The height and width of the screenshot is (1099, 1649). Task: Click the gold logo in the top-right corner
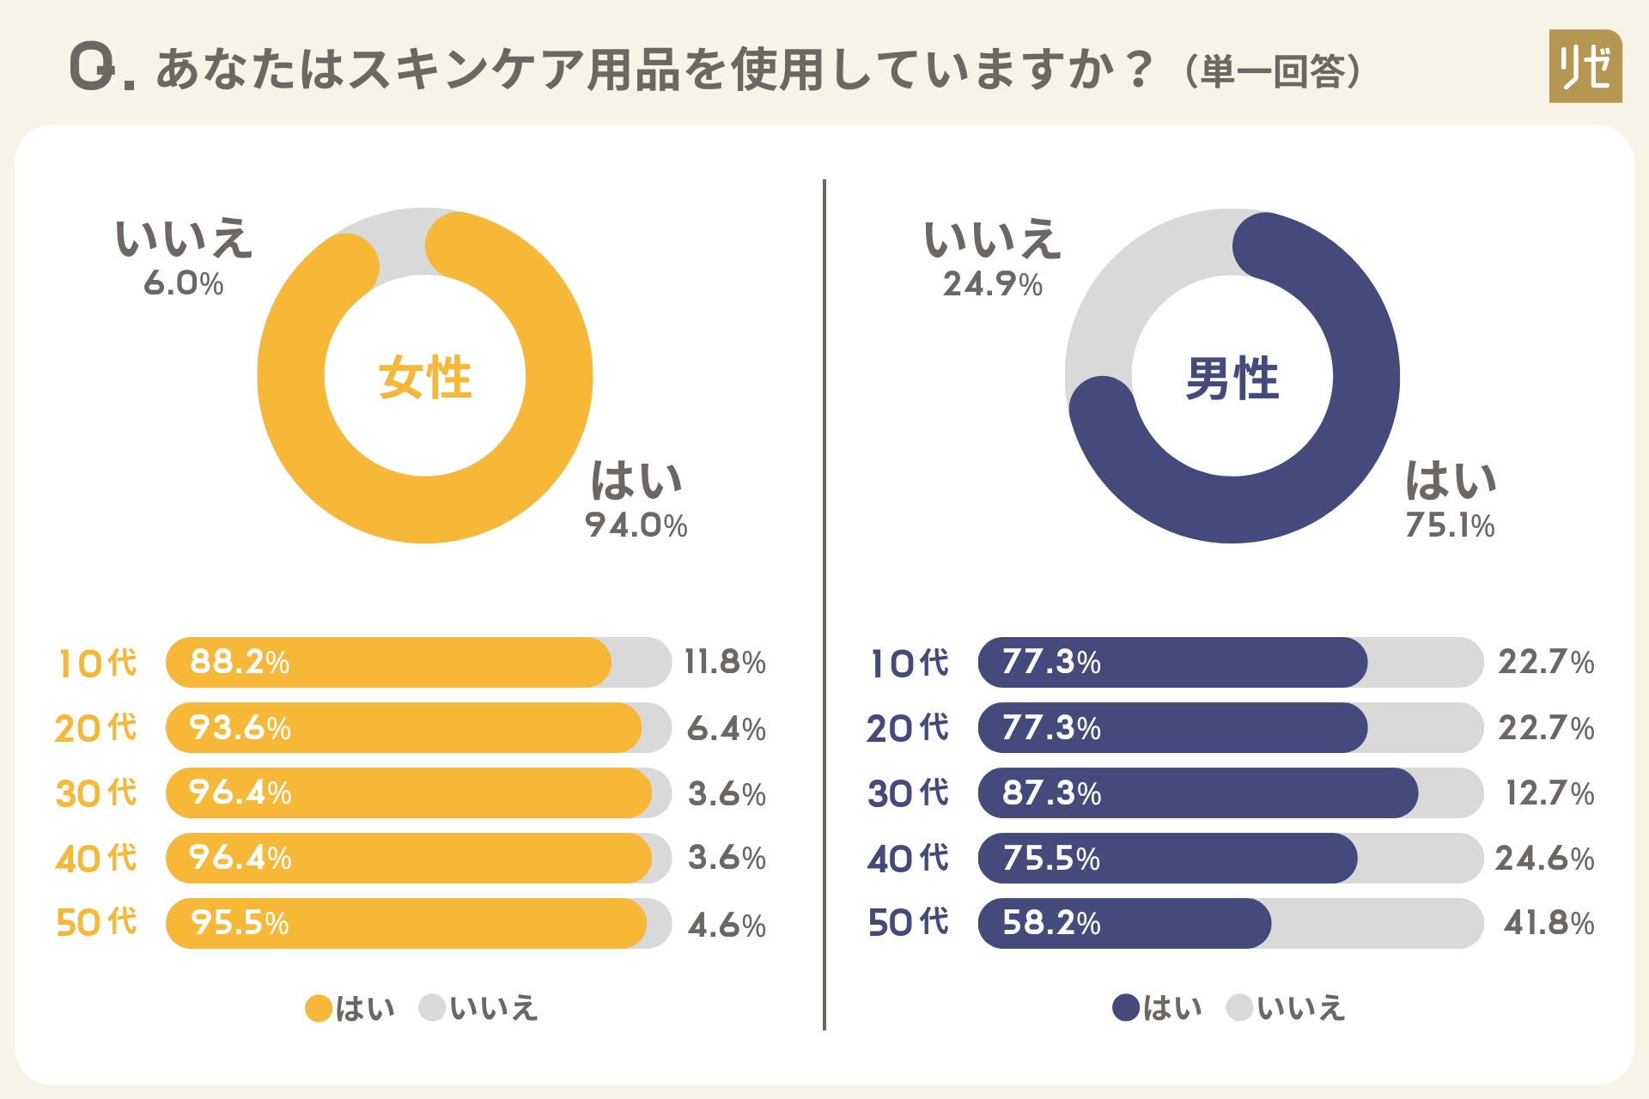tap(1585, 66)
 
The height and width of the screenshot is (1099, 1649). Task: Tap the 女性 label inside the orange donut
tap(425, 378)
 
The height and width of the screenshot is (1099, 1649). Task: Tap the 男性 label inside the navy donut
tap(1232, 378)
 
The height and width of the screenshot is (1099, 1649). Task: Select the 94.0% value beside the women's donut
tap(636, 525)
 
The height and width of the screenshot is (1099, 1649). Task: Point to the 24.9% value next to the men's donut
tap(992, 284)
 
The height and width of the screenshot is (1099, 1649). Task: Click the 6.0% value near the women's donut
tap(183, 283)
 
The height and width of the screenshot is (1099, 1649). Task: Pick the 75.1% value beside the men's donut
tap(1450, 525)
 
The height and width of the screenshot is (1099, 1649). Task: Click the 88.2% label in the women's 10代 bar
tap(240, 662)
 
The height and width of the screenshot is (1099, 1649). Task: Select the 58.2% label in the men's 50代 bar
tap(1051, 923)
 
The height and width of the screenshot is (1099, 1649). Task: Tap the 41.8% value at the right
tap(1549, 923)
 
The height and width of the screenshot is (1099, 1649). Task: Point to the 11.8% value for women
tap(725, 662)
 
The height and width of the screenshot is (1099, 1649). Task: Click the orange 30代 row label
tap(96, 792)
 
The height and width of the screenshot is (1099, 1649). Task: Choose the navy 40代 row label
tap(908, 858)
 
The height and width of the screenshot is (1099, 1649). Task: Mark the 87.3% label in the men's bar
tap(1051, 792)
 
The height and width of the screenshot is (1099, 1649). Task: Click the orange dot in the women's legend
tap(319, 1008)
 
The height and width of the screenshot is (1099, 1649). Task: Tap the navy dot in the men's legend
tap(1126, 1008)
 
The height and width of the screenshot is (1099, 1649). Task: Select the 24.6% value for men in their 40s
tap(1544, 858)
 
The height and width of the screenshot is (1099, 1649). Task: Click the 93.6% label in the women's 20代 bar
tap(240, 728)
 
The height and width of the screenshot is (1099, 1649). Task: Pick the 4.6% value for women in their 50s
tap(727, 925)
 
